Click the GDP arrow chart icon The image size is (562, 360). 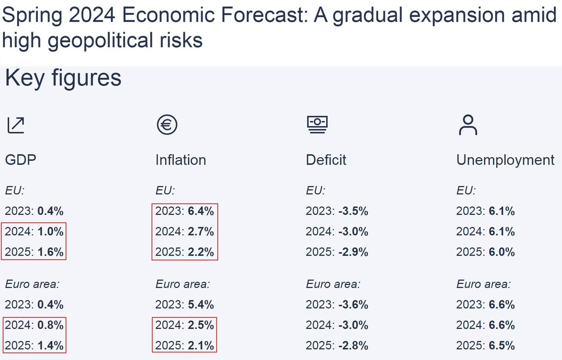pos(16,125)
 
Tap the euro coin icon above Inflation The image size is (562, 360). pos(167,125)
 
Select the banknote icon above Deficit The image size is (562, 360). pos(317,125)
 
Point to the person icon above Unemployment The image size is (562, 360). pos(468,125)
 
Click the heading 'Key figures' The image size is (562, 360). pos(63,78)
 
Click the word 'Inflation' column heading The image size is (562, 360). pos(181,160)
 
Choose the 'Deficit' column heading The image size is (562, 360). pos(326,160)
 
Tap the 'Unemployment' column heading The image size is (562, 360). pos(505,160)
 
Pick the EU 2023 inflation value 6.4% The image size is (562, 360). pos(201,211)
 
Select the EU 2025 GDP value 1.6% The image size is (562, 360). pos(50,252)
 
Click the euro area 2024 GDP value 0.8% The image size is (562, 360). pos(50,325)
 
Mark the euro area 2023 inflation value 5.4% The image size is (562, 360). pos(201,304)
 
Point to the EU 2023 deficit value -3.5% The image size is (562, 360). pos(353,211)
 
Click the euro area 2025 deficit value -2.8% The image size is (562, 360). pos(353,345)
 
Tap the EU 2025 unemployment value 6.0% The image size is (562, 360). pos(502,252)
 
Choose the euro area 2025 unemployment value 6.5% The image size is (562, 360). pos(502,345)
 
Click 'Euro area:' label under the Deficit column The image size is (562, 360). pos(333,284)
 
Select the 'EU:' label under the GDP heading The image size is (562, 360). pos(15,190)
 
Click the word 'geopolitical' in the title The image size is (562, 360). pos(101,41)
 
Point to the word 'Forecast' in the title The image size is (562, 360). pos(264,15)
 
